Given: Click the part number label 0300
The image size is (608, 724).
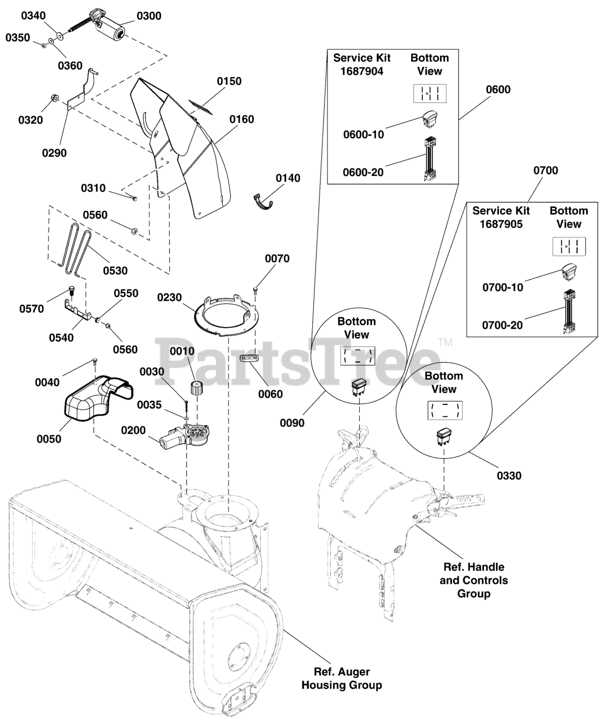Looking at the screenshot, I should click(x=149, y=16).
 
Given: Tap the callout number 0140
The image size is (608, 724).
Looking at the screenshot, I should click(x=288, y=178).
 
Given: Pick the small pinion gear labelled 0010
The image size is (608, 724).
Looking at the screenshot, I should click(x=196, y=389).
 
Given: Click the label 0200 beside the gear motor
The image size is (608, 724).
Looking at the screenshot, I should click(x=133, y=430).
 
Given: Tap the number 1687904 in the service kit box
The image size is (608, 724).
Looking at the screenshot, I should click(x=362, y=71).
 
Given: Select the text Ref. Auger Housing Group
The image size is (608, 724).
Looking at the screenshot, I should click(x=342, y=678).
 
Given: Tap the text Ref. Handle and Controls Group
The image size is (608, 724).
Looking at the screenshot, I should click(x=474, y=580).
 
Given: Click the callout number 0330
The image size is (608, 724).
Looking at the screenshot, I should click(x=509, y=476).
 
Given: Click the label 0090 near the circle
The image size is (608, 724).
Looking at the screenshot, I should click(x=294, y=423).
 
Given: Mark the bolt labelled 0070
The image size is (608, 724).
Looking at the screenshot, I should click(x=256, y=290).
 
